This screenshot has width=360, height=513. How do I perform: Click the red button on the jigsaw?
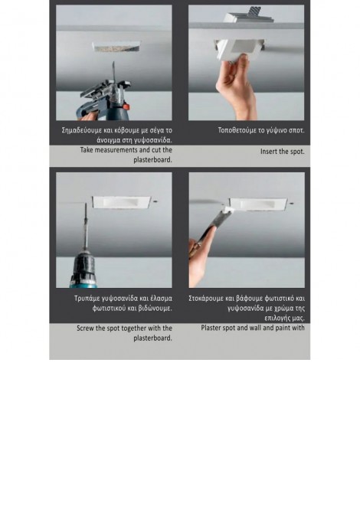pyautogui.click(x=126, y=107)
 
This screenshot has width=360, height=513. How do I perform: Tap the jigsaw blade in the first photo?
pyautogui.click(x=113, y=70)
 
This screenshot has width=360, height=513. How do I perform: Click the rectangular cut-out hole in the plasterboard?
pyautogui.click(x=117, y=47)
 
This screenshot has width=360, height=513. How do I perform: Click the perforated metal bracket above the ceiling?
pyautogui.click(x=254, y=13)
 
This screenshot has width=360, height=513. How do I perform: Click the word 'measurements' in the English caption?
pyautogui.click(x=116, y=150)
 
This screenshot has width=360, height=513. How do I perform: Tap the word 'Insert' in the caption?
pyautogui.click(x=269, y=152)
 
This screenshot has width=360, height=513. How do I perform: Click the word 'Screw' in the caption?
pyautogui.click(x=86, y=328)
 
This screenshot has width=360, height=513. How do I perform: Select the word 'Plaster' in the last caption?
pyautogui.click(x=211, y=328)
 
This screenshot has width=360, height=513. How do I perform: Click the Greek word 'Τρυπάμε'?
pyautogui.click(x=87, y=299)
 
